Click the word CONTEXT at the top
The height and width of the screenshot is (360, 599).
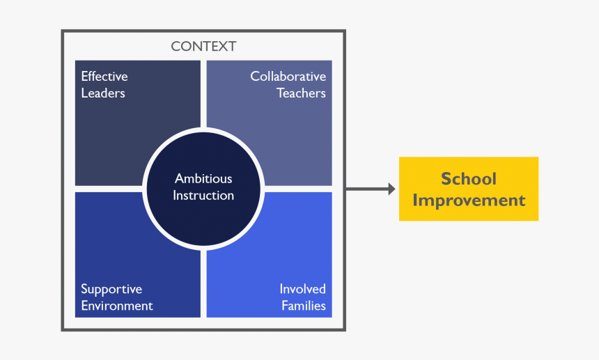point(203,47)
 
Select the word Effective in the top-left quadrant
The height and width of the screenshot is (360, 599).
point(104,77)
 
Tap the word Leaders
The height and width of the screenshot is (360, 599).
point(103,93)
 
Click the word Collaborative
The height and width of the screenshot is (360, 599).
point(288,77)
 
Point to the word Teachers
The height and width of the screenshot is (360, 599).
point(301,93)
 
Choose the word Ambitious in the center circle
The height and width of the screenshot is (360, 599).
point(203,179)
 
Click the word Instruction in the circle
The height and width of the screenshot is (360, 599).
point(203,196)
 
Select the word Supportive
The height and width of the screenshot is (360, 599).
point(111,289)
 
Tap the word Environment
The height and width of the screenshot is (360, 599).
point(117,306)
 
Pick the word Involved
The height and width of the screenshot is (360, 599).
point(302,289)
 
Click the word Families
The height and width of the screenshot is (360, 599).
point(304,306)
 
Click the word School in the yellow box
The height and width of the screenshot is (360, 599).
point(469,179)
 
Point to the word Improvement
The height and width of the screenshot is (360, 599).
point(469,201)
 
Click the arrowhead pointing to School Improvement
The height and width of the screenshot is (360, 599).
point(391,189)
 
